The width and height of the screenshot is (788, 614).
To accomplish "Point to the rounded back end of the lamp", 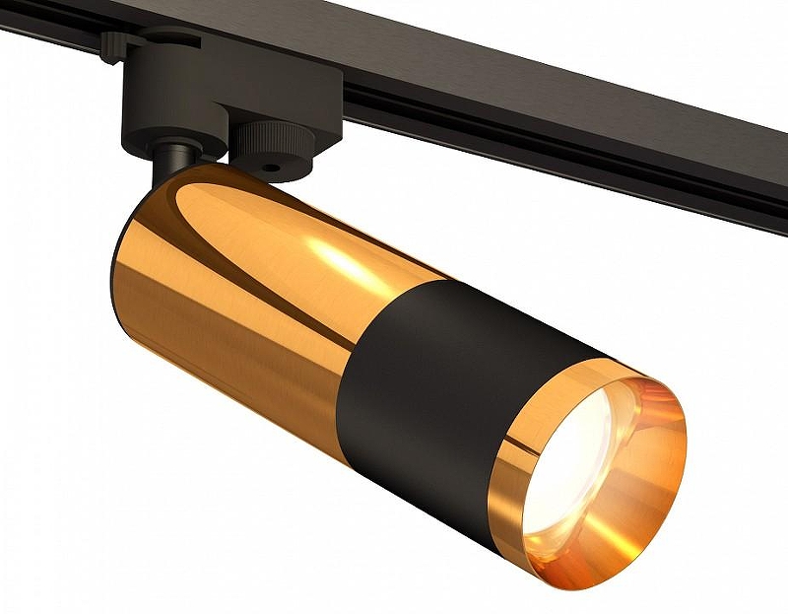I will point(123,286).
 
